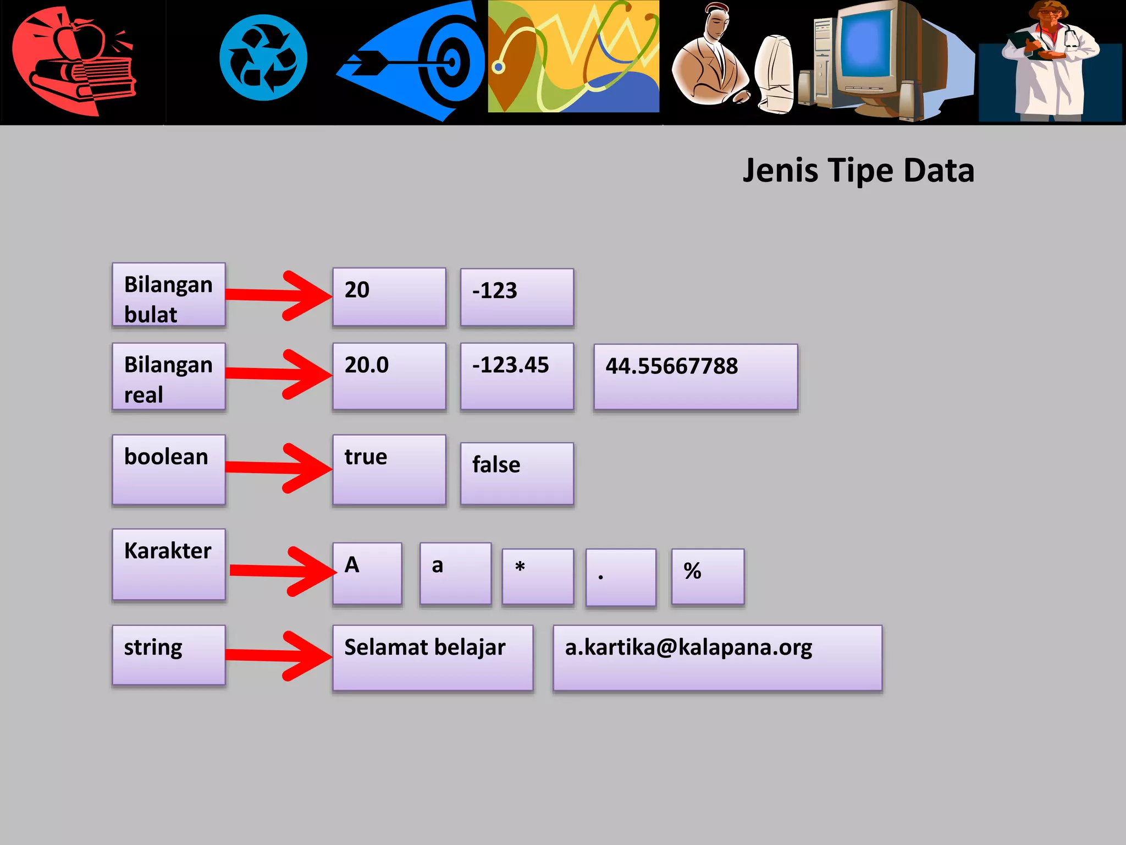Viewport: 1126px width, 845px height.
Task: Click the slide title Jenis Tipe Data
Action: tap(858, 171)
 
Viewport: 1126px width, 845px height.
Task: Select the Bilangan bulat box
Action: tap(169, 295)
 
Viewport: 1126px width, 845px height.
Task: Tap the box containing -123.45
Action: tap(517, 376)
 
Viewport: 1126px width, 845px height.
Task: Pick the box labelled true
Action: tap(389, 469)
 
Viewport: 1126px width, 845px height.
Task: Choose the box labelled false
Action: tap(517, 473)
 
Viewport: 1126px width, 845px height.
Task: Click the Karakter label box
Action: tap(169, 564)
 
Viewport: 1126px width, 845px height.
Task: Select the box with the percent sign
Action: tap(708, 576)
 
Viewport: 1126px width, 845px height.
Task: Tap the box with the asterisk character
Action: tap(538, 576)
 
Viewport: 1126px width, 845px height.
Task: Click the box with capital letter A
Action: tap(367, 573)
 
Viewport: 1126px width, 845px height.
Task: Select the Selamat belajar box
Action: tap(433, 657)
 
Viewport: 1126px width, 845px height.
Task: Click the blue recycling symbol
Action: tap(263, 58)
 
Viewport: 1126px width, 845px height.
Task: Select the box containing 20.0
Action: tap(389, 376)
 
